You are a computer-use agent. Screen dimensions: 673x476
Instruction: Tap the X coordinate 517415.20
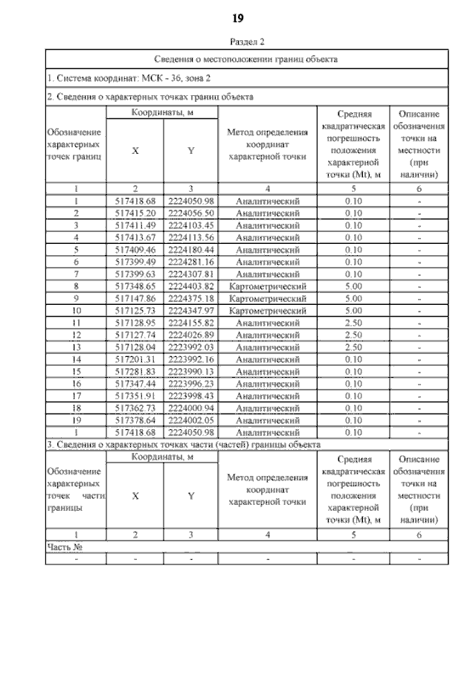135,213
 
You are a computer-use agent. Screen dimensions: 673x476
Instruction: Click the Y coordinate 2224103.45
191,225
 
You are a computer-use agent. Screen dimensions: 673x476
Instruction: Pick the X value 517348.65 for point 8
135,286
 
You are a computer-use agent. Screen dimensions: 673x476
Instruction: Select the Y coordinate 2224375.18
191,297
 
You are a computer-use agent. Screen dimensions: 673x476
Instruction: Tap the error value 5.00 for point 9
353,297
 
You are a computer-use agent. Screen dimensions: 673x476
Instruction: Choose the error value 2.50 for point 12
353,335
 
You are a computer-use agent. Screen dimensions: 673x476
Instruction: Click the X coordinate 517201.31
135,358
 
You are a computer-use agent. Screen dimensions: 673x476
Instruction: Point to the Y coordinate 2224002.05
191,419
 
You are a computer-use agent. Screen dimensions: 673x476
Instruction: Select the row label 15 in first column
77,371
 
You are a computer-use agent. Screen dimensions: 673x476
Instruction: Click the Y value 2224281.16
191,261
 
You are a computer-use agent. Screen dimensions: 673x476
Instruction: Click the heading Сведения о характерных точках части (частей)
183,444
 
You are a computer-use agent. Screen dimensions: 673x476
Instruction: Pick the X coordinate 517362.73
135,408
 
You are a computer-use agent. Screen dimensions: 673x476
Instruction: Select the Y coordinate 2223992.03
191,347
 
